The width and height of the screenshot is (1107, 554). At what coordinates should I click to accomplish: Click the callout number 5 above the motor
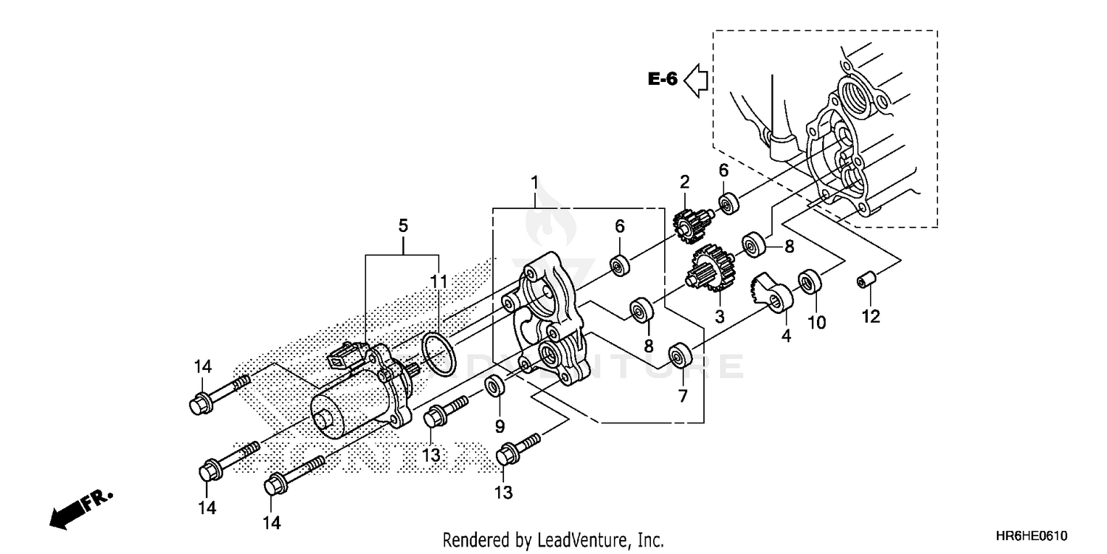403,225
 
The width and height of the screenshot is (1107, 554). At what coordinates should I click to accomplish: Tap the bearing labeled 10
811,282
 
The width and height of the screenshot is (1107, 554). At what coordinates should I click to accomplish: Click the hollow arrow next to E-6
695,80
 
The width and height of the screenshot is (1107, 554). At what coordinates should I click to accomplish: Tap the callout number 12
870,318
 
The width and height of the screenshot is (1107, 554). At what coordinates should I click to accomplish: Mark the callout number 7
683,397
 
